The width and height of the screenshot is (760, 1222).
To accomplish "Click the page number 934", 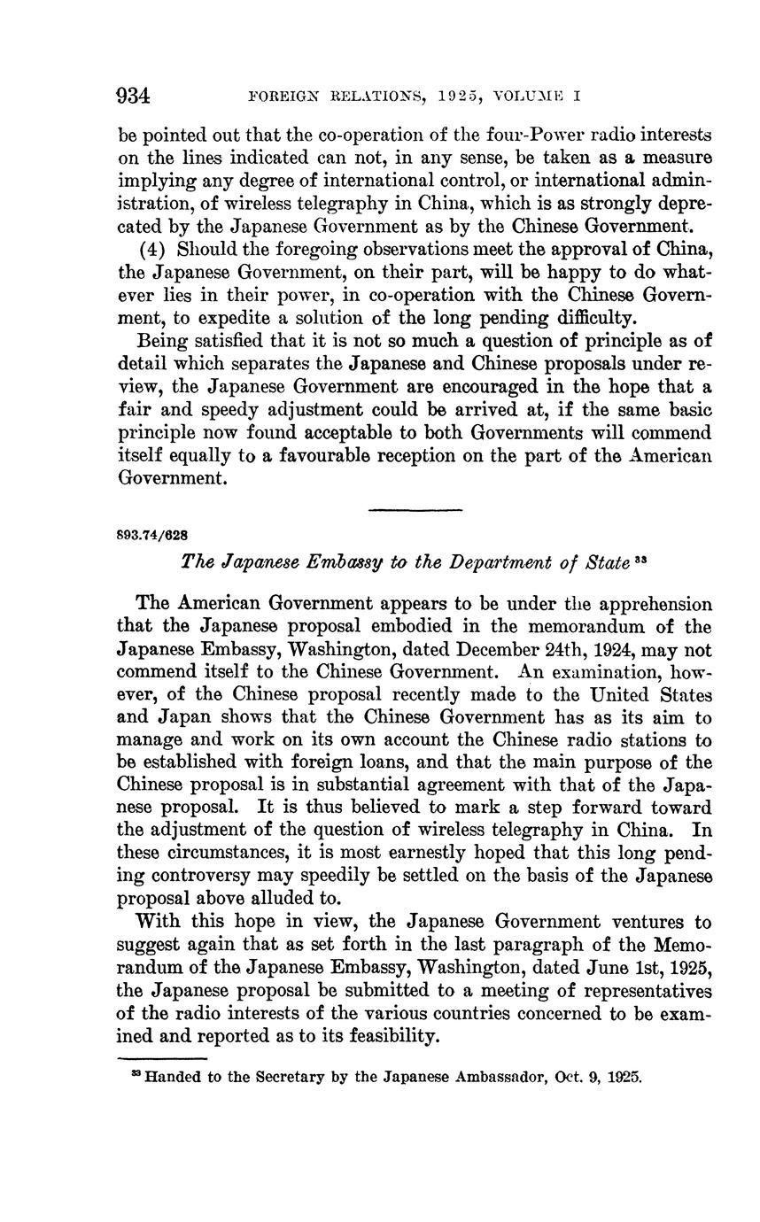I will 135,97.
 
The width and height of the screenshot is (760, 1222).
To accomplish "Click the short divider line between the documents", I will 415,510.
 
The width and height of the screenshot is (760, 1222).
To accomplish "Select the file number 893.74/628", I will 151,536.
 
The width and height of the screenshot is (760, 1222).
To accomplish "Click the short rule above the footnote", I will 162,1058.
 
